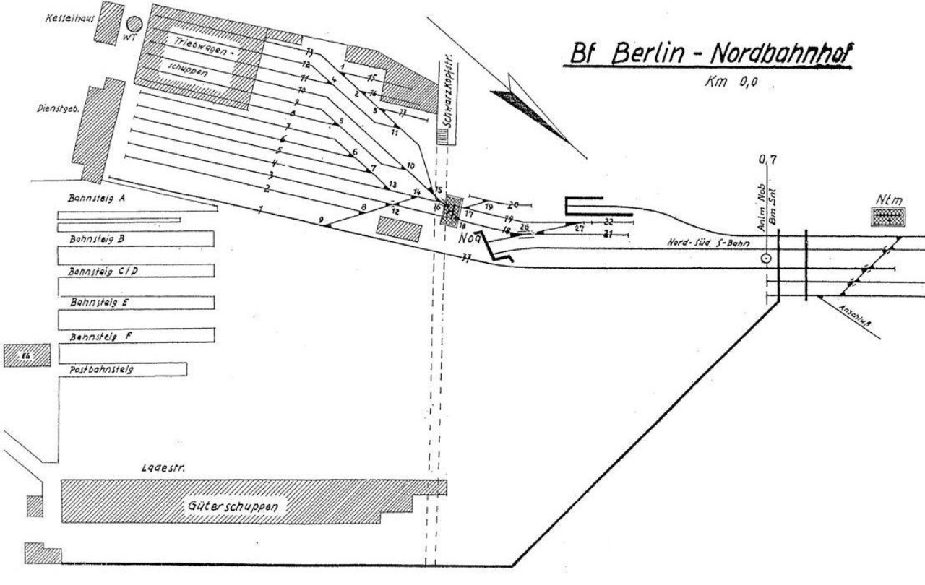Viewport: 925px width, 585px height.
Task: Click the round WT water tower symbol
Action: pos(134,26)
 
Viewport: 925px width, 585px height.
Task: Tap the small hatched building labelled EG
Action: pos(27,355)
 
